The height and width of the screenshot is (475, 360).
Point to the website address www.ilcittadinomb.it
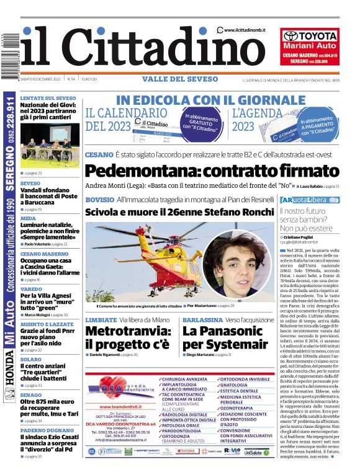pyautogui.click(x=245, y=30)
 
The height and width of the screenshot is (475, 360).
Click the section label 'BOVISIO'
pyautogui.click(x=99, y=200)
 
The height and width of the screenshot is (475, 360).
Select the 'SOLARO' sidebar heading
pyautogui.click(x=31, y=360)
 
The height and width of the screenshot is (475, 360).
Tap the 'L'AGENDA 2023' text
pyautogui.click(x=251, y=120)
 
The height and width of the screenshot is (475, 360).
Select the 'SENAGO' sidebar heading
pyautogui.click(x=32, y=395)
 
